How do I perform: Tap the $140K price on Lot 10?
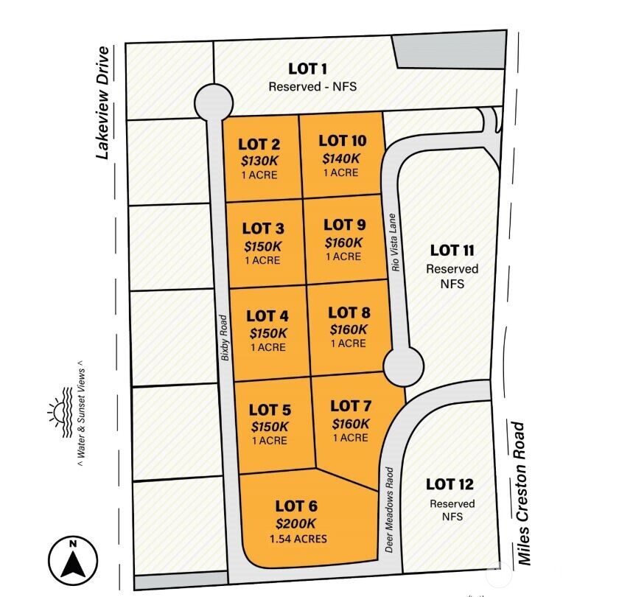(340, 157)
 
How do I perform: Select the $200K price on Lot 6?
(295, 523)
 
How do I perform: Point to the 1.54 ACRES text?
(298, 539)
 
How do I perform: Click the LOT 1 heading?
(308, 69)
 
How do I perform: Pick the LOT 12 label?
(450, 484)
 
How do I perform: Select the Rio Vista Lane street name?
(396, 243)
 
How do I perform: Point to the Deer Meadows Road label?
(391, 510)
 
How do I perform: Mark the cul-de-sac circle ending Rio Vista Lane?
(404, 365)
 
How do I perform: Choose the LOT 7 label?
(351, 406)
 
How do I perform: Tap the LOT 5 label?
(270, 410)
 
